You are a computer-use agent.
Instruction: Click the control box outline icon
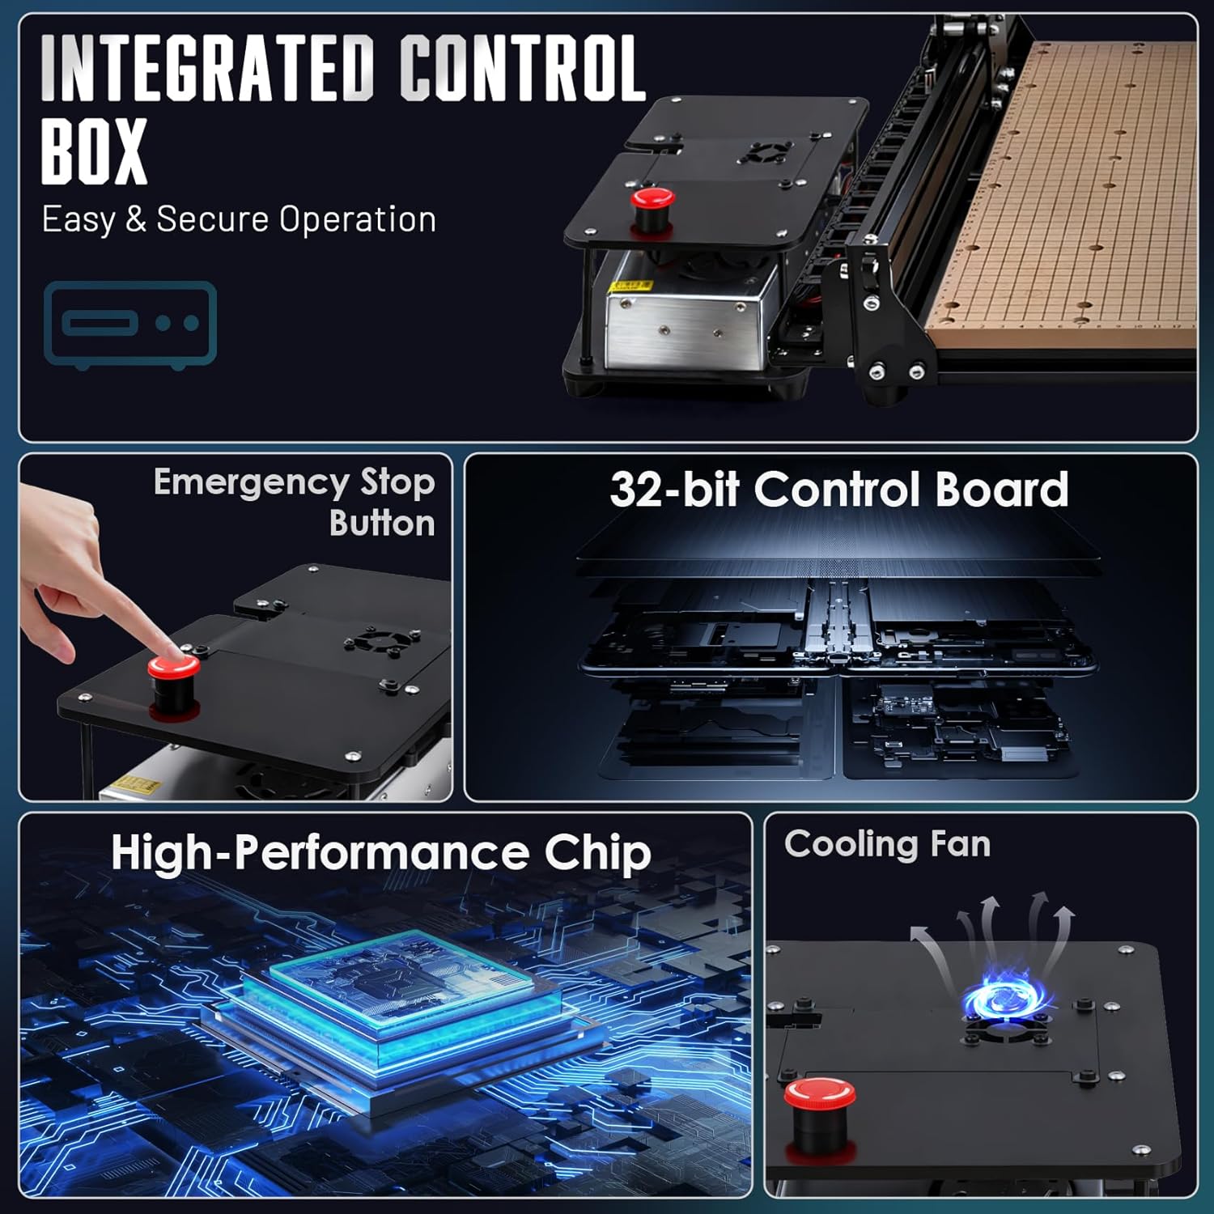tap(130, 325)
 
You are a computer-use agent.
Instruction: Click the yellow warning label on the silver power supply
tap(632, 285)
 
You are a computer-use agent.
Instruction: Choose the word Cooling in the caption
tap(851, 844)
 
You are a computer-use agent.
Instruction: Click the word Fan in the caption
tap(961, 844)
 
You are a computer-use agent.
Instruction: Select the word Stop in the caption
tap(397, 484)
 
